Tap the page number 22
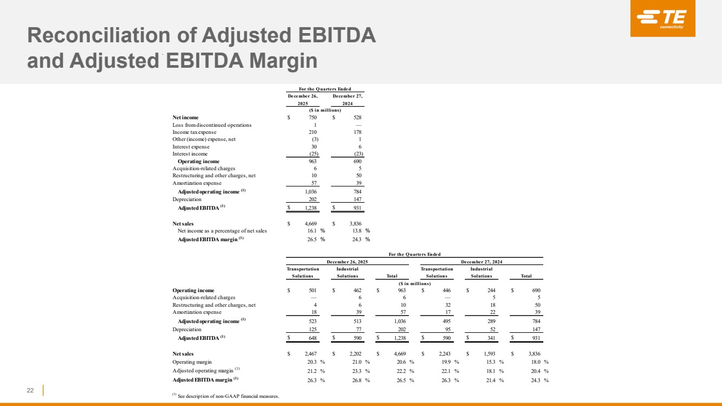pyautogui.click(x=31, y=390)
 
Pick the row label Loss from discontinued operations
pyautogui.click(x=212, y=125)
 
